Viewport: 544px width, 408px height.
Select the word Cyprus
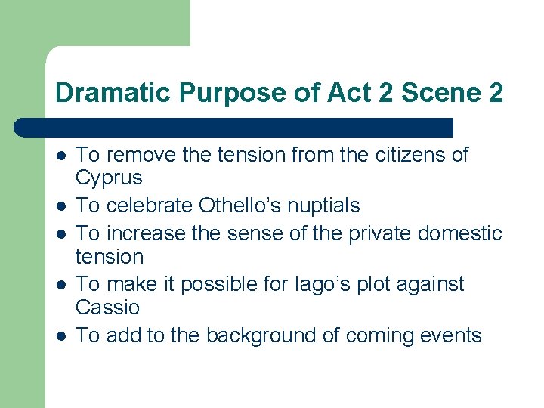coord(109,178)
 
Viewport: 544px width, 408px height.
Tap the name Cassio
coord(108,307)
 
